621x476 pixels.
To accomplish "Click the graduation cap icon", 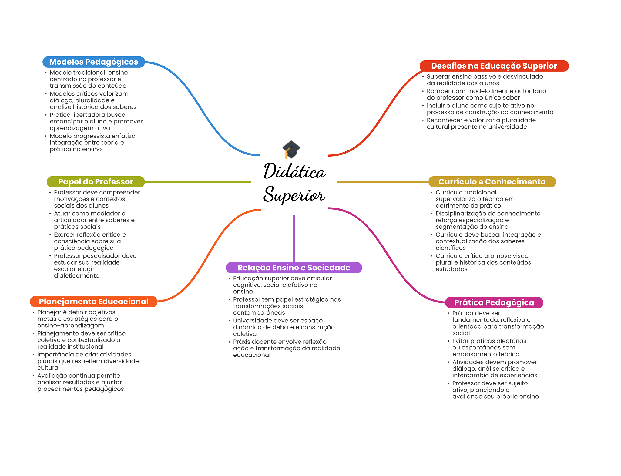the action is tap(291, 149).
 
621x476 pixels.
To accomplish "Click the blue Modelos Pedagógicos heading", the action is tap(94, 62).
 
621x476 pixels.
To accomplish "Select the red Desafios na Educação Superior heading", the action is tap(494, 66).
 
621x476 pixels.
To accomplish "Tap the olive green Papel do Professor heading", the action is tap(96, 182).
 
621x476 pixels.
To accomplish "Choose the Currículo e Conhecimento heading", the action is tap(492, 182).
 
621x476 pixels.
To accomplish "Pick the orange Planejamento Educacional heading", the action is tap(94, 302).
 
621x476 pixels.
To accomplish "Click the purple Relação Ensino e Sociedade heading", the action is tap(294, 268).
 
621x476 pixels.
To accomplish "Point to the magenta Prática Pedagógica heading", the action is tap(494, 302).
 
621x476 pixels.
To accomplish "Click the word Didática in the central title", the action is tap(294, 171).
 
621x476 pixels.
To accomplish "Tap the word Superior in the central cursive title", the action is tap(294, 194).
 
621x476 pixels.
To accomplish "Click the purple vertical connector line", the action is tap(294, 238).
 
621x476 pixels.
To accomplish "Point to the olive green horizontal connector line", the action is tap(198, 182).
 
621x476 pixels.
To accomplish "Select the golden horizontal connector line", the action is tap(383, 182).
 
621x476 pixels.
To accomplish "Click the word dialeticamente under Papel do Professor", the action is tap(77, 275).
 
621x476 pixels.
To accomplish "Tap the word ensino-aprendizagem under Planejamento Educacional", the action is tap(71, 326).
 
